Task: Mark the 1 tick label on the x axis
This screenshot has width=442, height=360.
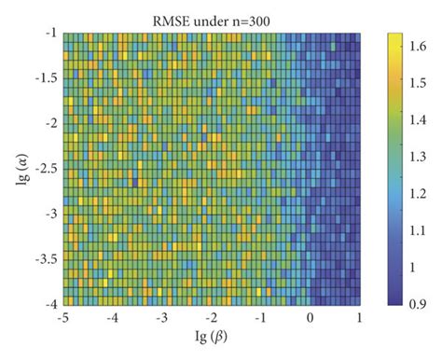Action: tap(360, 318)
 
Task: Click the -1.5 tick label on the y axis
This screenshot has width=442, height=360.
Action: tap(41, 77)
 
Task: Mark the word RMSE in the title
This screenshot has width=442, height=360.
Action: tap(173, 13)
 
